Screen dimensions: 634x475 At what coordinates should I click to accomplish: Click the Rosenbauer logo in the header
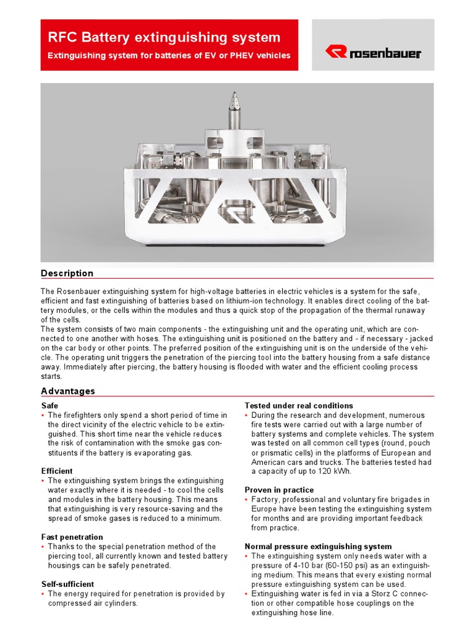(373, 53)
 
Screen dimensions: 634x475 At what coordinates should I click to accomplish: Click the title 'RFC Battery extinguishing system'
(164, 37)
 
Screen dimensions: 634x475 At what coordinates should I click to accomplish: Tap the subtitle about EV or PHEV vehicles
(169, 56)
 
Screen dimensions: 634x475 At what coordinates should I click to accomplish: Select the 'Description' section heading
(67, 273)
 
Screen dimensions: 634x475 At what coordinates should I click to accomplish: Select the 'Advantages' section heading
(68, 391)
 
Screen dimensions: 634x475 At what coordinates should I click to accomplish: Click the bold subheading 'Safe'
(49, 406)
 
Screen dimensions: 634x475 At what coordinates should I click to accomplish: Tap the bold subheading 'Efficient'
(57, 471)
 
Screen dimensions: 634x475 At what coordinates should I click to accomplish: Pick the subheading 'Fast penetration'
(72, 537)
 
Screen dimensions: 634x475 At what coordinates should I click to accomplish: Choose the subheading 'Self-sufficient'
(67, 584)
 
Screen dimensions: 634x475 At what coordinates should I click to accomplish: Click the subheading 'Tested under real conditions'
(299, 406)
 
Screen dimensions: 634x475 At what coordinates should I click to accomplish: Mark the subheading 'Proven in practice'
(279, 490)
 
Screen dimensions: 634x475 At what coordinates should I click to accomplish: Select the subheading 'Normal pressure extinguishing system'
(318, 546)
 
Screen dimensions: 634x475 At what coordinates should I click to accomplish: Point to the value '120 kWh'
(335, 471)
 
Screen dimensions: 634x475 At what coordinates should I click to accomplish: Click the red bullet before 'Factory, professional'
(246, 500)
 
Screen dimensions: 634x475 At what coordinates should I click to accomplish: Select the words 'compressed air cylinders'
(93, 603)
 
